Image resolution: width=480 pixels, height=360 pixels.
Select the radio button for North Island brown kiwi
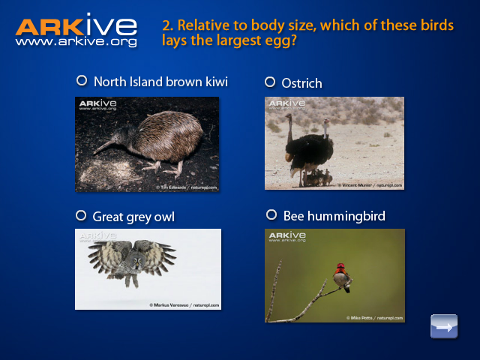point(81,80)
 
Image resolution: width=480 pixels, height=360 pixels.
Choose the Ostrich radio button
point(270,82)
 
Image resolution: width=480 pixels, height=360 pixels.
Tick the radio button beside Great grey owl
point(81,215)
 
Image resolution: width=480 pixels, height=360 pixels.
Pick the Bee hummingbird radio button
point(271,215)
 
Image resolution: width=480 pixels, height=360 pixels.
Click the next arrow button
point(444,327)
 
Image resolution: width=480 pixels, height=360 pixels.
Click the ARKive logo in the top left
point(76,26)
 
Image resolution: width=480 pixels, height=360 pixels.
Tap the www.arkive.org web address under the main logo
point(76,43)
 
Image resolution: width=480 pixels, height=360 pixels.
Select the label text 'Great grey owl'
point(133,217)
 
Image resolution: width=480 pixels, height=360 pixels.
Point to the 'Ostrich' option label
point(301,82)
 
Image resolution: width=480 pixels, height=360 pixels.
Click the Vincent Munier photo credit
point(373,184)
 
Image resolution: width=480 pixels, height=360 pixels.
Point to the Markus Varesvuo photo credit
point(184,305)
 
